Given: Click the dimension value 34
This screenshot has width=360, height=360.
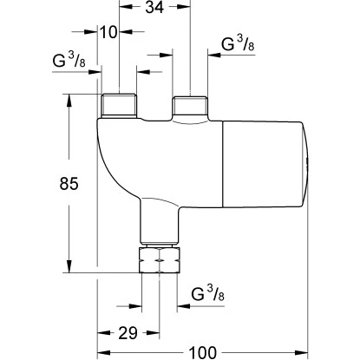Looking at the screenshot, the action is coord(154,7).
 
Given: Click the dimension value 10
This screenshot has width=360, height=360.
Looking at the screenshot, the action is coord(108,32).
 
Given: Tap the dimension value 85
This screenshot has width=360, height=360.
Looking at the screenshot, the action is coord(69,183).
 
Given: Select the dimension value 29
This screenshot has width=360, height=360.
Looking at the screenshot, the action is coord(128,333).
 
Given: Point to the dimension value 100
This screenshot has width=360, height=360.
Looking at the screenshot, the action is coord(202,353).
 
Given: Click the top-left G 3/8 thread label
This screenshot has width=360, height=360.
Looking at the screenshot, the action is coord(69,60).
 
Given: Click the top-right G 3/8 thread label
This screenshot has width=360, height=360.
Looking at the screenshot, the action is coord(238,44).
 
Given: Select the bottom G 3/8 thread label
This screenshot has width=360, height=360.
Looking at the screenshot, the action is coord(207,292).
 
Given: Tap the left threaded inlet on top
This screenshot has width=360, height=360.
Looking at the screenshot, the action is coord(119,105).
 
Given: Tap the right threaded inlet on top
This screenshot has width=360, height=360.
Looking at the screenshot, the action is coord(190,107).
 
